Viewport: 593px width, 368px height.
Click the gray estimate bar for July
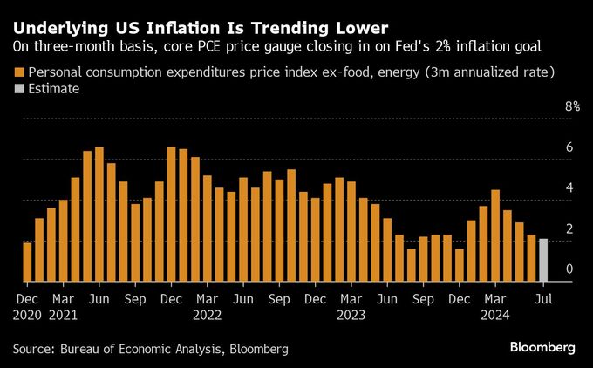tap(543, 260)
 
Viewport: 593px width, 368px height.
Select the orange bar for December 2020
tap(27, 262)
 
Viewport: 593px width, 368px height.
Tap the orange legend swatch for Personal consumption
tap(18, 72)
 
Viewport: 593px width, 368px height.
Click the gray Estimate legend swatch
tap(18, 88)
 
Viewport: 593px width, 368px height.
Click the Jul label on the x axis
tap(543, 297)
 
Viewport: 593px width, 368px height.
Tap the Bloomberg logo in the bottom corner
tap(542, 347)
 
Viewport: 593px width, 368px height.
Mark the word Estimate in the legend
tap(54, 88)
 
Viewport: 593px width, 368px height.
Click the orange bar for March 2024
tap(495, 235)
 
